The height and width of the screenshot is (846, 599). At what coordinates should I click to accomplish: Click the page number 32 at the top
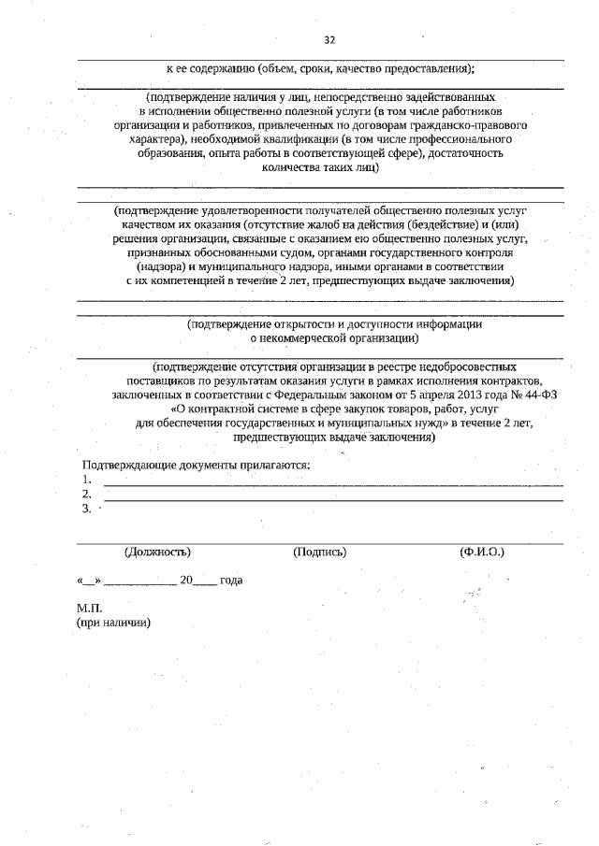click(x=329, y=39)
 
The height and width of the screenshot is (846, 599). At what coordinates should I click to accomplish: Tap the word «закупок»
click(x=358, y=409)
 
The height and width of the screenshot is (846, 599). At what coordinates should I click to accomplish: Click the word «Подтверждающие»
click(x=127, y=466)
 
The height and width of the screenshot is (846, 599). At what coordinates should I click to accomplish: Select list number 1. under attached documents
click(x=86, y=480)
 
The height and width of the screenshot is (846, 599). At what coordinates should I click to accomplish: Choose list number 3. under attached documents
click(x=86, y=509)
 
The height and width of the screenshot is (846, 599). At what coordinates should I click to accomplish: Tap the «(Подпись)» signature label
click(x=319, y=552)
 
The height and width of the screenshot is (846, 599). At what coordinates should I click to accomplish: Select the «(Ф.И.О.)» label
click(x=482, y=552)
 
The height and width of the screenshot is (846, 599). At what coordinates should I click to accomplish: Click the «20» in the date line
click(x=185, y=581)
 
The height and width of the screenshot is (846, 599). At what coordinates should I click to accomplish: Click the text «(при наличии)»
click(x=113, y=623)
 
